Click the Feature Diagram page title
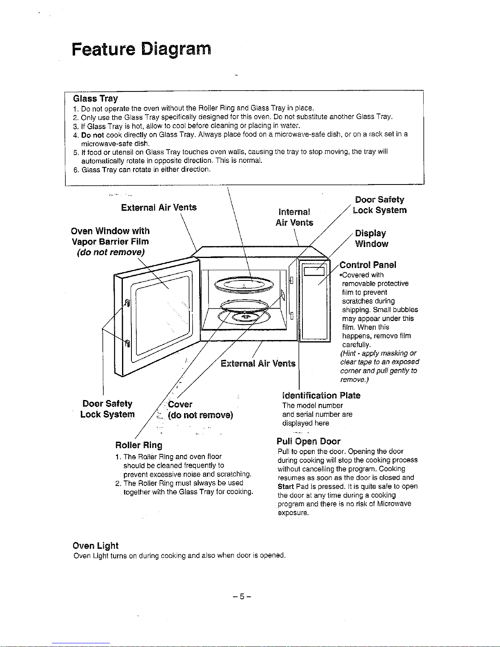click(x=141, y=49)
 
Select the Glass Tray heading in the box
click(x=96, y=98)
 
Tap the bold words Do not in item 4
click(x=93, y=135)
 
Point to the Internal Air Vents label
click(x=294, y=217)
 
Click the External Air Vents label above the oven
click(x=159, y=207)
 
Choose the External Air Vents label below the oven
click(x=258, y=363)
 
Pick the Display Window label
click(x=371, y=238)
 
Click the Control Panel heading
click(x=368, y=265)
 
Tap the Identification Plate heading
click(x=321, y=395)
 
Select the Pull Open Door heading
click(x=308, y=441)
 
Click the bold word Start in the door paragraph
click(x=286, y=486)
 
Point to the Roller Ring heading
click(x=139, y=445)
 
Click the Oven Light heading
click(x=96, y=546)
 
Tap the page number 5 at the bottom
click(x=242, y=596)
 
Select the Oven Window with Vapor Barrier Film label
click(x=110, y=242)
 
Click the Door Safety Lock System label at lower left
click(x=107, y=409)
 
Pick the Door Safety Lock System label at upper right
click(x=380, y=205)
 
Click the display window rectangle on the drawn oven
click(x=314, y=271)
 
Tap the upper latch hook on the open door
click(x=127, y=303)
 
